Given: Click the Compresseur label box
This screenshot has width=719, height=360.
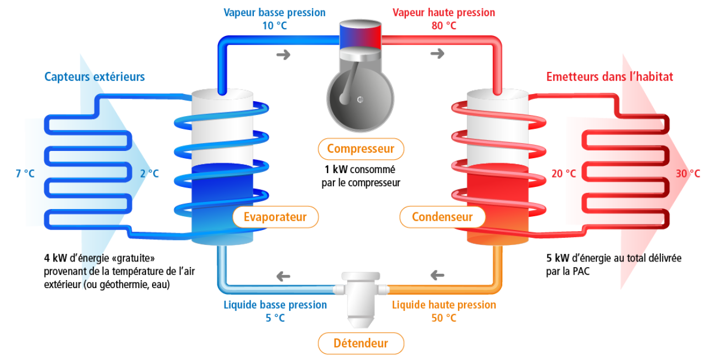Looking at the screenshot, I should (361, 149).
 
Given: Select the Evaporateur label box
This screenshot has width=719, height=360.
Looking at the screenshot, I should (275, 217).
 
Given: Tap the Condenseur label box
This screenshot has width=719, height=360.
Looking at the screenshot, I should (442, 217).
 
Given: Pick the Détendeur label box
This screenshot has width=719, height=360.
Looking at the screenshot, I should (361, 343).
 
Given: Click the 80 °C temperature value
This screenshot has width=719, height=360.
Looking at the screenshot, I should (444, 26).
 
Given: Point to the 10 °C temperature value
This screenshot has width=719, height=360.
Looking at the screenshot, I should (274, 26).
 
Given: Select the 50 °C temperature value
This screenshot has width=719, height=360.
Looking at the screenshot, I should (444, 318).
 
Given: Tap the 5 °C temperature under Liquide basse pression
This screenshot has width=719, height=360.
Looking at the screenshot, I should (275, 318).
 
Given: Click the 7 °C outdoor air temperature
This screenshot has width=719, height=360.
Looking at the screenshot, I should (25, 174).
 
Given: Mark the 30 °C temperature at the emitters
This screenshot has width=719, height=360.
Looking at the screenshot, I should (687, 174).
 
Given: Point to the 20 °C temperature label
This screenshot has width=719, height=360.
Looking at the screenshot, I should (564, 174).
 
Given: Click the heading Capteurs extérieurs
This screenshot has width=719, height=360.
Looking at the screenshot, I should (95, 77).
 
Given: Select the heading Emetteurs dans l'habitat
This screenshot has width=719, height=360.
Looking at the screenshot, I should (609, 77).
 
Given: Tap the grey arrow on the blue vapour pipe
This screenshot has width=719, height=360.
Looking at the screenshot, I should (283, 54).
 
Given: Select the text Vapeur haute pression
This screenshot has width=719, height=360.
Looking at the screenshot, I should (444, 12).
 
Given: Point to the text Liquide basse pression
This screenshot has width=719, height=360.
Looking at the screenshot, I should (275, 305).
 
